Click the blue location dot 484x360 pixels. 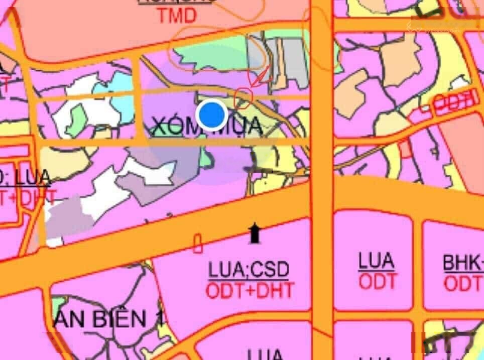tap(212, 115)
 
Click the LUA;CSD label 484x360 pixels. tap(249, 271)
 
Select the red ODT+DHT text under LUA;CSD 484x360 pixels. tap(250, 290)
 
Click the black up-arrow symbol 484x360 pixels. tap(255, 233)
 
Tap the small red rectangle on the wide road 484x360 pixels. tap(198, 243)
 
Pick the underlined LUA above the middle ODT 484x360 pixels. tap(377, 261)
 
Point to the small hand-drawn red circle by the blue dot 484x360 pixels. tap(244, 97)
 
